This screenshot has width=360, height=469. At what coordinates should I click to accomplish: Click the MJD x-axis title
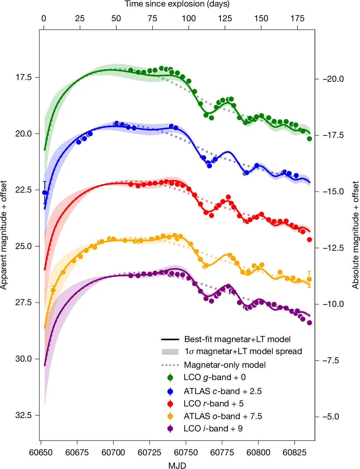coord(177,465)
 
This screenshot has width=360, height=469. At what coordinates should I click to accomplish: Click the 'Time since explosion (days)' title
coord(177,4)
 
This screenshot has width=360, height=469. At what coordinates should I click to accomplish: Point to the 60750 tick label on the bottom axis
coord(186,453)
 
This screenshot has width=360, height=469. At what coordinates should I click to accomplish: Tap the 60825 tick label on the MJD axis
coord(294,453)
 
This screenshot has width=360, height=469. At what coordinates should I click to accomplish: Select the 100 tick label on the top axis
coord(188,18)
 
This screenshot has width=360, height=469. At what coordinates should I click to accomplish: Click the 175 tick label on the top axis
coord(297,18)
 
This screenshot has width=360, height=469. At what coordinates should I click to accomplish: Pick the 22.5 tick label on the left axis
coord(23,190)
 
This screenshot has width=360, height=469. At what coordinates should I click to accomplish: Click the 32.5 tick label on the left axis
coord(23,415)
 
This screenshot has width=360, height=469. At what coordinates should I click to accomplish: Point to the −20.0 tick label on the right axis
coord(333,79)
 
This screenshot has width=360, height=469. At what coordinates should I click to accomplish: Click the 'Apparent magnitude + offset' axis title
coord(4,235)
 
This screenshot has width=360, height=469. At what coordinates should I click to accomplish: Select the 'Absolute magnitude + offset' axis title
coord(356,235)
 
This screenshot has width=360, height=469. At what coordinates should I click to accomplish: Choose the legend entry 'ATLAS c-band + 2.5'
coord(223,391)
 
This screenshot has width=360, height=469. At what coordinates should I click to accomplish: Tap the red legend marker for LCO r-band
coord(170,404)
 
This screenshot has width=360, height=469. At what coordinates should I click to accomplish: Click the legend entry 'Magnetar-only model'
coord(225,365)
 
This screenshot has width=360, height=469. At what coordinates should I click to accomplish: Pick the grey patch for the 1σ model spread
coord(170,352)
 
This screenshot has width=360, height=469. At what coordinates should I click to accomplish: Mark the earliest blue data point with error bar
coord(44,193)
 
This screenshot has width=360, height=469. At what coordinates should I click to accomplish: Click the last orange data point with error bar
coord(309,279)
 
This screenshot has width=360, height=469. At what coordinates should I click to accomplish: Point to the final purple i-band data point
coord(309,323)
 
